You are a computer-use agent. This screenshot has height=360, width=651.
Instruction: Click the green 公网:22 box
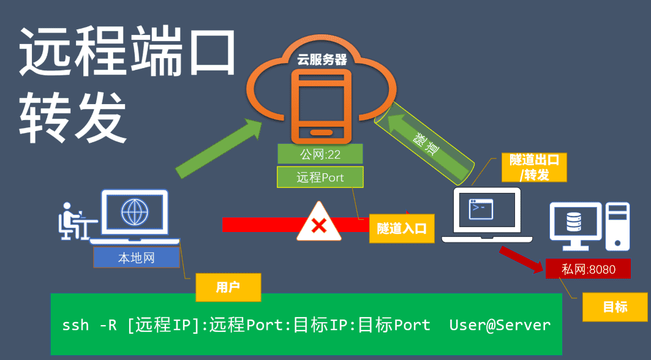point(320,154)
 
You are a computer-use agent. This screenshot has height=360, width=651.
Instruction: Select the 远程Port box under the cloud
point(320,178)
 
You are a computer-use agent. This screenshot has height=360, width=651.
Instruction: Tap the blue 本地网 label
point(137,258)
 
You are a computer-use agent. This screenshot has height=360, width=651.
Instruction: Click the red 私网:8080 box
point(588,269)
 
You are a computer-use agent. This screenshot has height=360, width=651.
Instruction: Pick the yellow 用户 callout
point(228,287)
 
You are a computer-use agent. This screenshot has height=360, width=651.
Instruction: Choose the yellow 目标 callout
point(615,307)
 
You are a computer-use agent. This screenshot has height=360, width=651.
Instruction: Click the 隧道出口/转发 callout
point(534,167)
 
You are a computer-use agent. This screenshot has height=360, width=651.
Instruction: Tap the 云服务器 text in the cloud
point(322,60)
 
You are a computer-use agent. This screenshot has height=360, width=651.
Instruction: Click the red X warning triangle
point(319,223)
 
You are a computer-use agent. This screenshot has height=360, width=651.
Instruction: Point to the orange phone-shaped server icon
point(321,104)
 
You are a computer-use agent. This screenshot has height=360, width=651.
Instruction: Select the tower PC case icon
point(617,227)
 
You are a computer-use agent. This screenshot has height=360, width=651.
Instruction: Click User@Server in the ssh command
point(500,325)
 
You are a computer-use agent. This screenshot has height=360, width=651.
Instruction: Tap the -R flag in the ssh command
point(108,325)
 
